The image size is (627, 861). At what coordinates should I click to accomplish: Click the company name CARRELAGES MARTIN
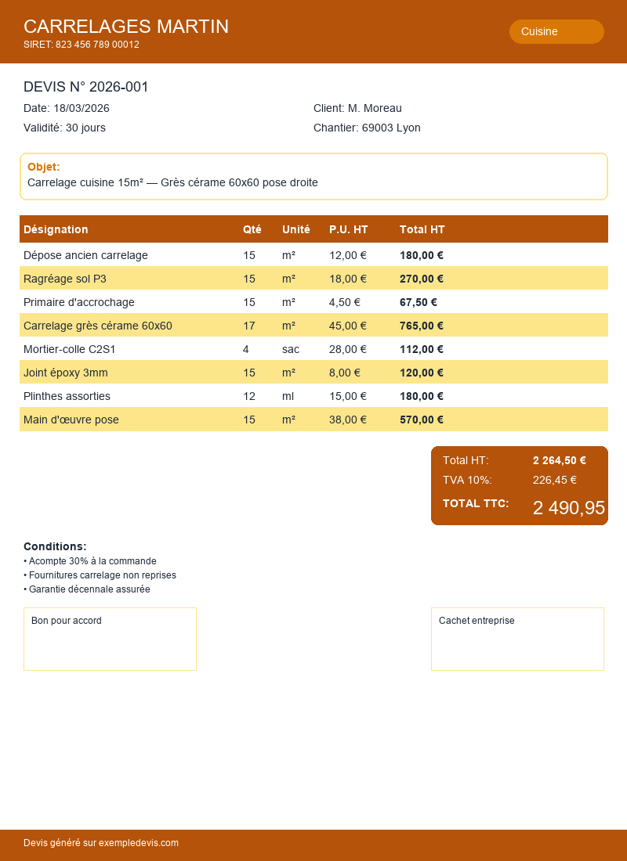126,27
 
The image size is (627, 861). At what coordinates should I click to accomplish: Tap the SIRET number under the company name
82,45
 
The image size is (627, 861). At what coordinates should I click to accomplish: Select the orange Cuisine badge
556,31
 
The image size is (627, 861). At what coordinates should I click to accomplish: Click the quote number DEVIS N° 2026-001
86,87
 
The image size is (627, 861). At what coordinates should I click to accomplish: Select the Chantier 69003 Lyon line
367,128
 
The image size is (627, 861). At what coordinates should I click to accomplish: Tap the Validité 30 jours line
64,128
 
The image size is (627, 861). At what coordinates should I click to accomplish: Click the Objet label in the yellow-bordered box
44,167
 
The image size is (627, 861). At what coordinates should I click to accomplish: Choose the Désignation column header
56,229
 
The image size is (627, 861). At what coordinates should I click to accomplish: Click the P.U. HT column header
349,229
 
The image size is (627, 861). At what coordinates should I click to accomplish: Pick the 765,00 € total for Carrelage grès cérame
422,326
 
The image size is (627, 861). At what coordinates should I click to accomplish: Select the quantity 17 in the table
249,326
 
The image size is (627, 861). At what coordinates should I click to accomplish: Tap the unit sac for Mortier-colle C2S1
291,349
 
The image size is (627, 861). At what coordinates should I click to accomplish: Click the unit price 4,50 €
345,302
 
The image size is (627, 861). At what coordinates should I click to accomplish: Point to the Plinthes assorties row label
67,396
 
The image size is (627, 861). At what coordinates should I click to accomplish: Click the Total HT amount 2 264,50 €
560,460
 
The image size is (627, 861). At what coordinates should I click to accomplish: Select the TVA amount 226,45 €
555,480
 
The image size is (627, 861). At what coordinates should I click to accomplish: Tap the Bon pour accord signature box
110,639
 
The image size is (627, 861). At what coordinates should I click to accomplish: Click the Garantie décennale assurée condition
87,589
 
